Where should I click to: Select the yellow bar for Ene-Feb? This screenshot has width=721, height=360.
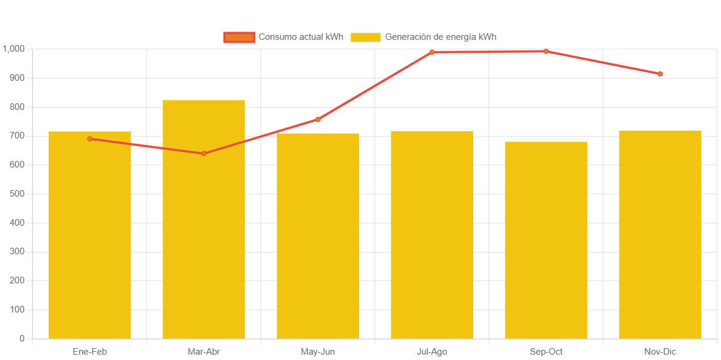pyautogui.click(x=90, y=238)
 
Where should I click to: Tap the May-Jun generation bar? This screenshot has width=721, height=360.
pyautogui.click(x=318, y=238)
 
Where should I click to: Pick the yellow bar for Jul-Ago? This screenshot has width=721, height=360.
pyautogui.click(x=432, y=238)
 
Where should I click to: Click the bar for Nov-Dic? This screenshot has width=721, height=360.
pyautogui.click(x=660, y=238)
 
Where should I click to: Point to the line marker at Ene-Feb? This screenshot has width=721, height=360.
pyautogui.click(x=90, y=138)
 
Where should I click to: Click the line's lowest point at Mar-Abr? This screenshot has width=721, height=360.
pyautogui.click(x=204, y=153)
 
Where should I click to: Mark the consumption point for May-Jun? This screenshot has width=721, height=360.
pyautogui.click(x=318, y=119)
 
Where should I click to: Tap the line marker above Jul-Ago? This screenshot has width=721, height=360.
pyautogui.click(x=432, y=52)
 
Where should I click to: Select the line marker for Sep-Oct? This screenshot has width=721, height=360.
pyautogui.click(x=546, y=51)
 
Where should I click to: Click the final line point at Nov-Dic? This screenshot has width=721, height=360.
pyautogui.click(x=660, y=74)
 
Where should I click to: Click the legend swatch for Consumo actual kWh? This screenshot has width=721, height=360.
pyautogui.click(x=239, y=37)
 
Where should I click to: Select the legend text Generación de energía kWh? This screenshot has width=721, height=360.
pyautogui.click(x=440, y=37)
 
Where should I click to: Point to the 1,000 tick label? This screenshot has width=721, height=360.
pyautogui.click(x=14, y=49)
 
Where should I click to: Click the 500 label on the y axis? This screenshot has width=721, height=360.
pyautogui.click(x=18, y=194)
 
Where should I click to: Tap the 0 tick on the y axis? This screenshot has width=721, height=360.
pyautogui.click(x=22, y=339)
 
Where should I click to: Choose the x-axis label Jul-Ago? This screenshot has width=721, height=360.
pyautogui.click(x=432, y=352)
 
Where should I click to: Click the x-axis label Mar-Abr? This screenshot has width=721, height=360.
pyautogui.click(x=204, y=352)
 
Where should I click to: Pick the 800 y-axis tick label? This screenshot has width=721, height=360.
pyautogui.click(x=18, y=107)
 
